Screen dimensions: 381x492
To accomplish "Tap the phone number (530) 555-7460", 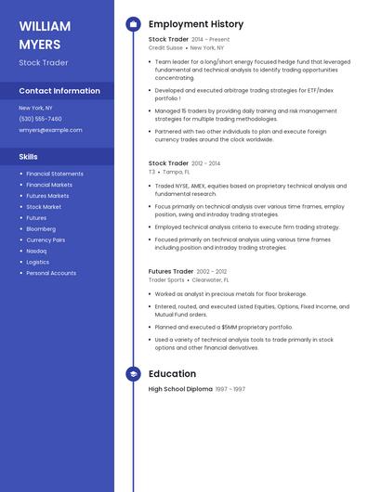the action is click(x=40, y=119).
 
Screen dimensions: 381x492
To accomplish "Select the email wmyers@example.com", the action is click(x=50, y=130).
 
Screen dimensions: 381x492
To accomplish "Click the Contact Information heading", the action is click(x=59, y=91).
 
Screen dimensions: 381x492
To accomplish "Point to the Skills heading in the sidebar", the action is click(x=29, y=157).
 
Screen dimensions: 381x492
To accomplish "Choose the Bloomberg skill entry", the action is click(x=41, y=228).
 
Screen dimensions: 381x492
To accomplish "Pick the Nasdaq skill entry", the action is click(x=36, y=251).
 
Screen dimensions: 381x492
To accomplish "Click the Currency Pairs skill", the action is click(x=46, y=240).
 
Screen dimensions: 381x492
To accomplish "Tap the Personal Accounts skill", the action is click(x=51, y=273).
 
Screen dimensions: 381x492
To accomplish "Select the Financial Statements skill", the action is click(x=55, y=174).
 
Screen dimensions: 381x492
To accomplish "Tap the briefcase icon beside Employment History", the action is click(x=133, y=24).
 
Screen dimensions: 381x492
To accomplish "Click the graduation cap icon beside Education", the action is click(x=133, y=374).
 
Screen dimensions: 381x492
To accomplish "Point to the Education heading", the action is click(x=172, y=374).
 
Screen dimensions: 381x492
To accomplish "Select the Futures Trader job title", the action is click(x=170, y=271).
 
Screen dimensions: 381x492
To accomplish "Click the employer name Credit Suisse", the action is click(x=165, y=47).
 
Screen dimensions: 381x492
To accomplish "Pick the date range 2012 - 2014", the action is click(x=205, y=163).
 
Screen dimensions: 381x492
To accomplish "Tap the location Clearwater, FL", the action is click(x=210, y=279).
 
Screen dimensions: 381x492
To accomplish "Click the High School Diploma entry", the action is click(x=180, y=389).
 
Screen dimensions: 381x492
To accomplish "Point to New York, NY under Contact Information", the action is click(x=35, y=108).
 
